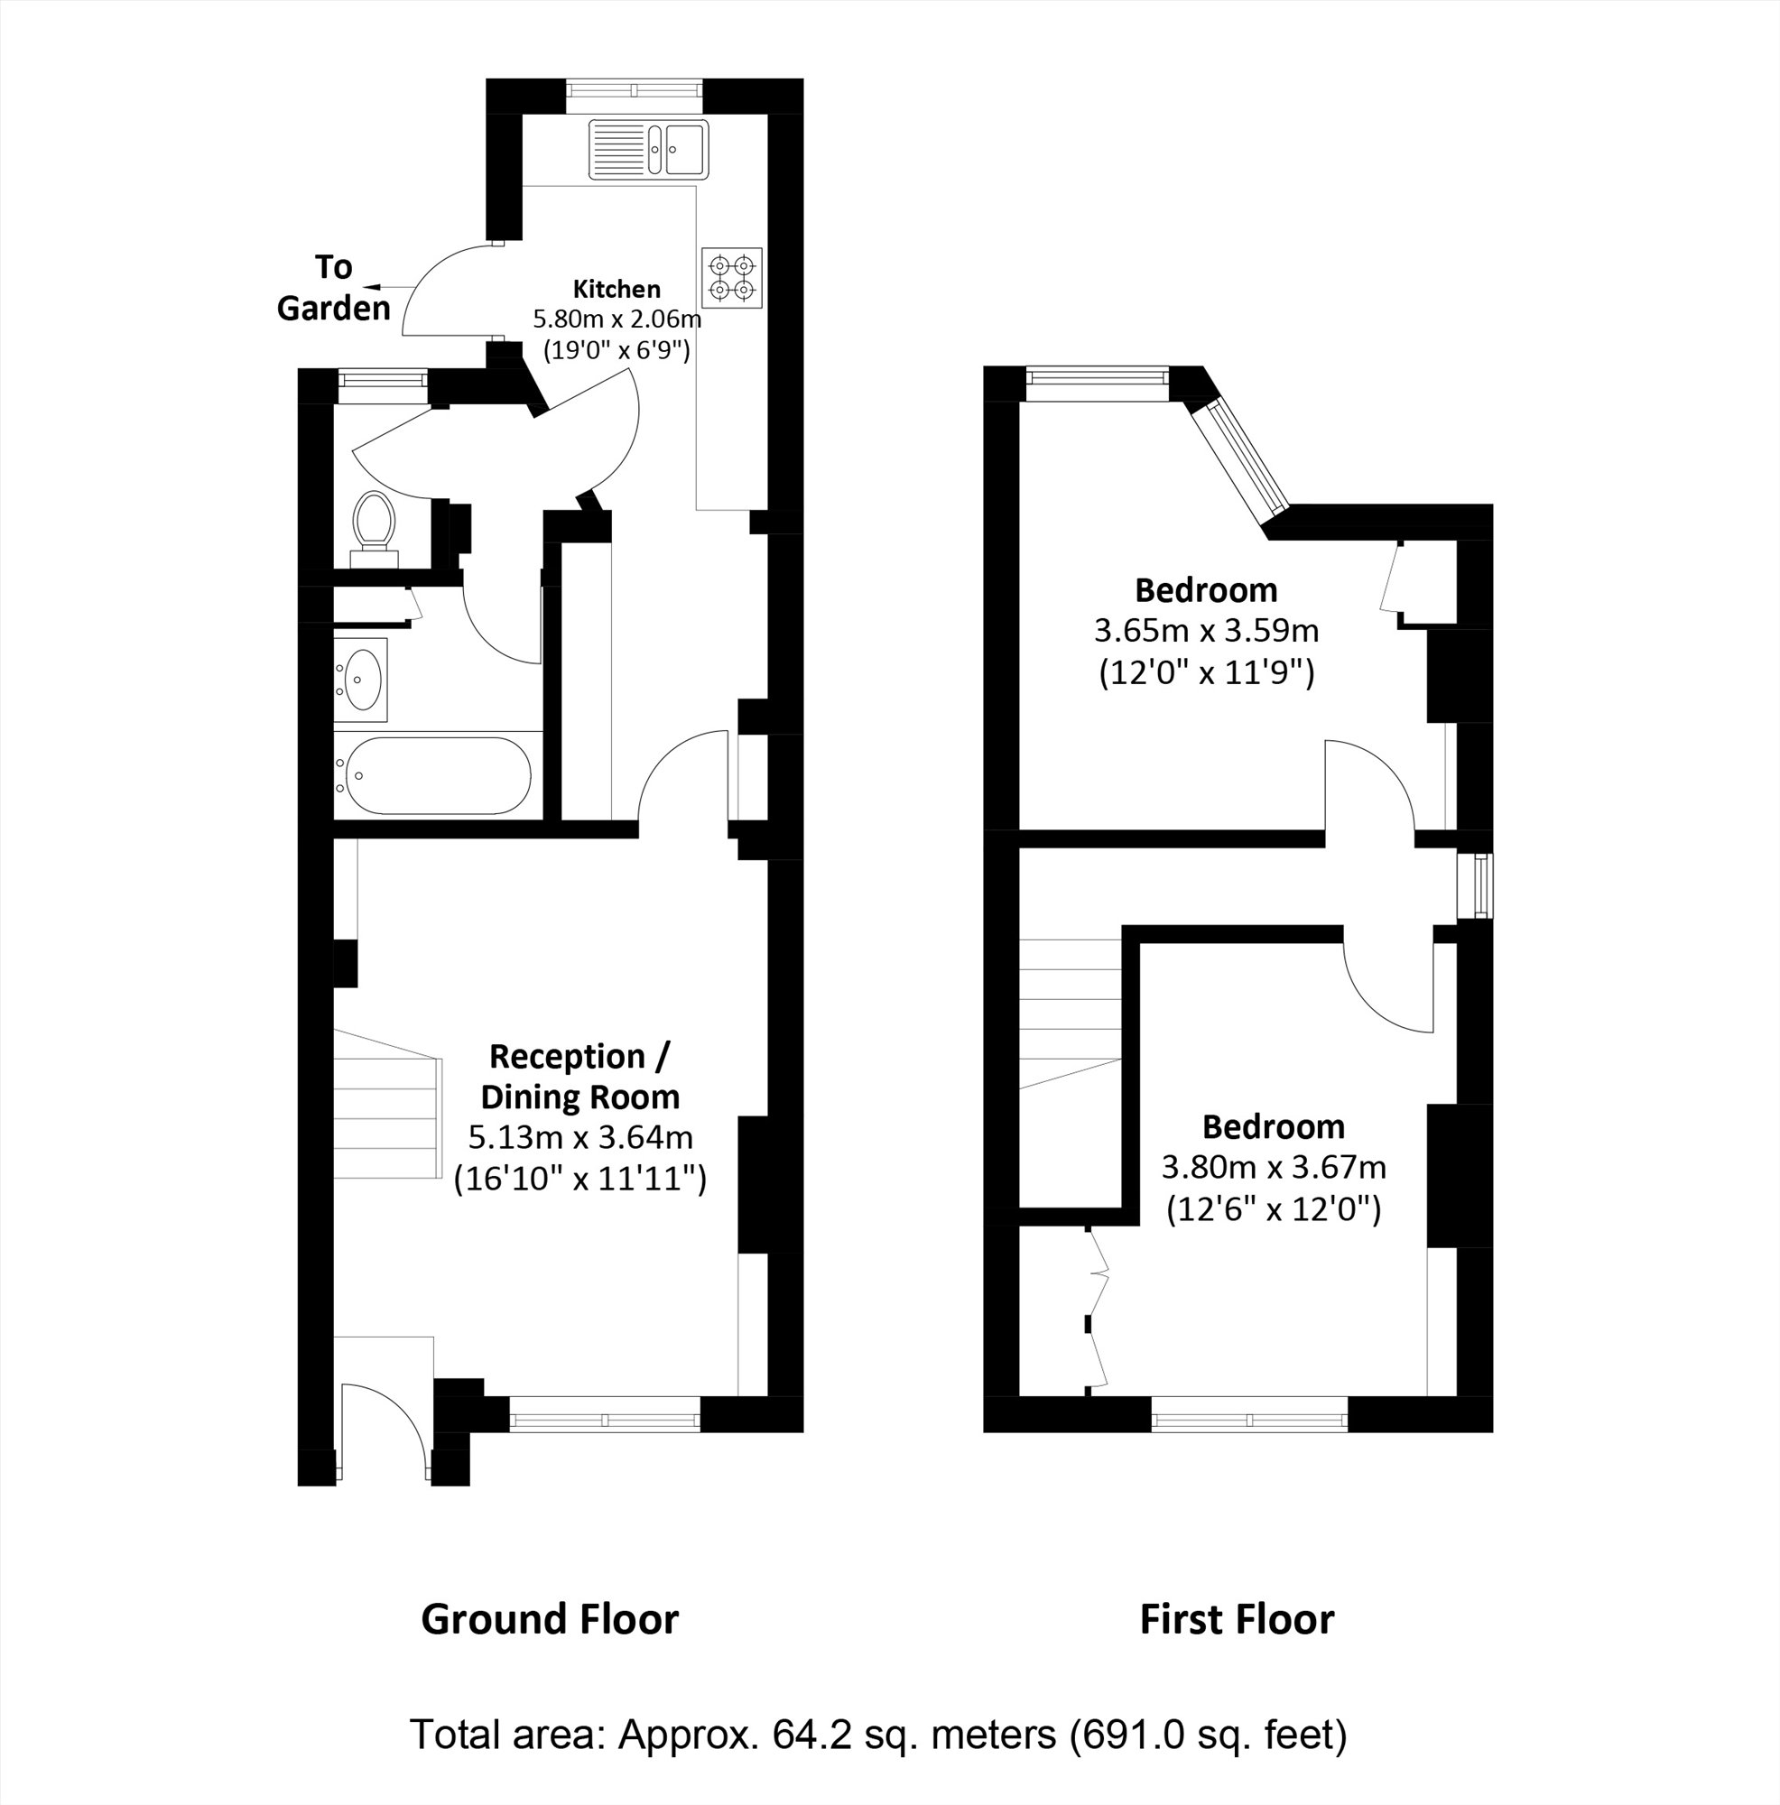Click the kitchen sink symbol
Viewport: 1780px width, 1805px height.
click(648, 149)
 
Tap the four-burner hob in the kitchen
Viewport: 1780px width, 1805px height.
click(732, 277)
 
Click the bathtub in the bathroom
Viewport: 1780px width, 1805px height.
click(435, 774)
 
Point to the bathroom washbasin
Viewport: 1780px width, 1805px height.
click(362, 680)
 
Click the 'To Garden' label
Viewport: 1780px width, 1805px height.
click(333, 288)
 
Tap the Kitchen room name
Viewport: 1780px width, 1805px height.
click(616, 289)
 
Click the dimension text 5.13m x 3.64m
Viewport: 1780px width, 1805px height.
click(580, 1137)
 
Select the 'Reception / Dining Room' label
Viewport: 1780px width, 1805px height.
click(580, 1077)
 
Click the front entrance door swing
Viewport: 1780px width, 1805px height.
click(383, 1430)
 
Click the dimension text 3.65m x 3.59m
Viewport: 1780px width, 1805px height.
click(1206, 631)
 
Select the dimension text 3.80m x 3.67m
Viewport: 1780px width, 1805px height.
click(1274, 1167)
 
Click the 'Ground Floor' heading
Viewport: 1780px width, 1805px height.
click(550, 1619)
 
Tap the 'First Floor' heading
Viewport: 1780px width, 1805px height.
click(1237, 1619)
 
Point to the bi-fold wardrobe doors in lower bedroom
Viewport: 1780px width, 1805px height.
click(1097, 1308)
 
